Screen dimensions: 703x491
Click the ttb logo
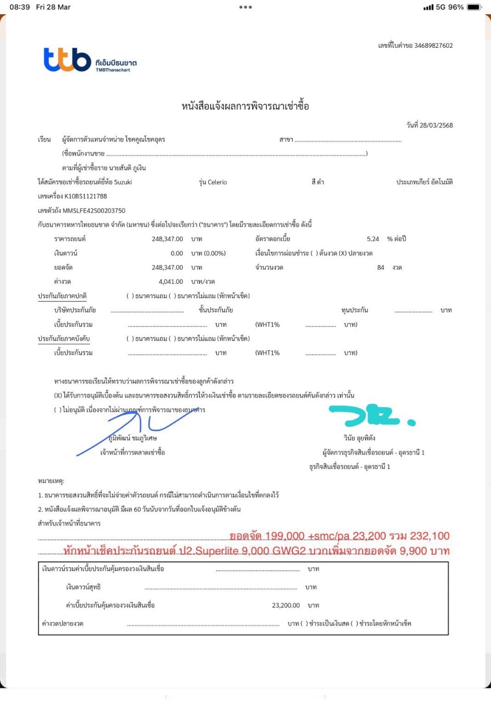[67, 60]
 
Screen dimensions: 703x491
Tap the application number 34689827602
[433, 46]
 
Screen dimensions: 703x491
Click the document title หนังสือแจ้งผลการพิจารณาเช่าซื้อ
[245, 107]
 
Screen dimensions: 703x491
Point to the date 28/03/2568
[437, 125]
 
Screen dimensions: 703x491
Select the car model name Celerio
[217, 182]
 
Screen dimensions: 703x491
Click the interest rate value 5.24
[372, 239]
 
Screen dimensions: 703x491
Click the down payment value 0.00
[176, 253]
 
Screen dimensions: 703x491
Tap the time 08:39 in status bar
[19, 7]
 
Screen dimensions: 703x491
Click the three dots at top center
[245, 7]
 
